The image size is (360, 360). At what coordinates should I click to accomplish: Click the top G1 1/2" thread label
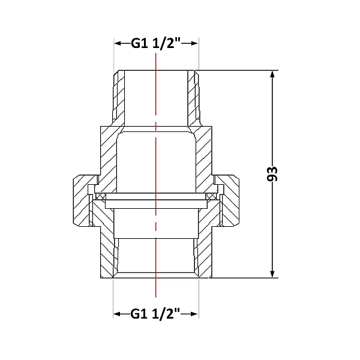point(156,43)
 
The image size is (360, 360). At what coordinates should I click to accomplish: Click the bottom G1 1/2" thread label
point(155,314)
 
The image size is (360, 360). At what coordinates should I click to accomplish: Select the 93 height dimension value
point(272,174)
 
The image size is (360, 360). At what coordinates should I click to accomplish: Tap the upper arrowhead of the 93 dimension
point(272,75)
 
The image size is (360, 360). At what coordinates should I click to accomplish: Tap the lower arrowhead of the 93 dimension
point(272,274)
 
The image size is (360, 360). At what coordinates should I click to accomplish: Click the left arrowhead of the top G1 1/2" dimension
point(118,43)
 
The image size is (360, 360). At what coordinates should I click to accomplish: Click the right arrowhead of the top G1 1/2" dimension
point(194,43)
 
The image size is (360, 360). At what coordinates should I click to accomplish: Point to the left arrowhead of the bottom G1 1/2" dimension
point(118,314)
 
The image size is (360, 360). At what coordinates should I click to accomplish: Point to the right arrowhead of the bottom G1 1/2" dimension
point(194,314)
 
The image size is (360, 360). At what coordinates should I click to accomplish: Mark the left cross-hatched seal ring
point(101,197)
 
